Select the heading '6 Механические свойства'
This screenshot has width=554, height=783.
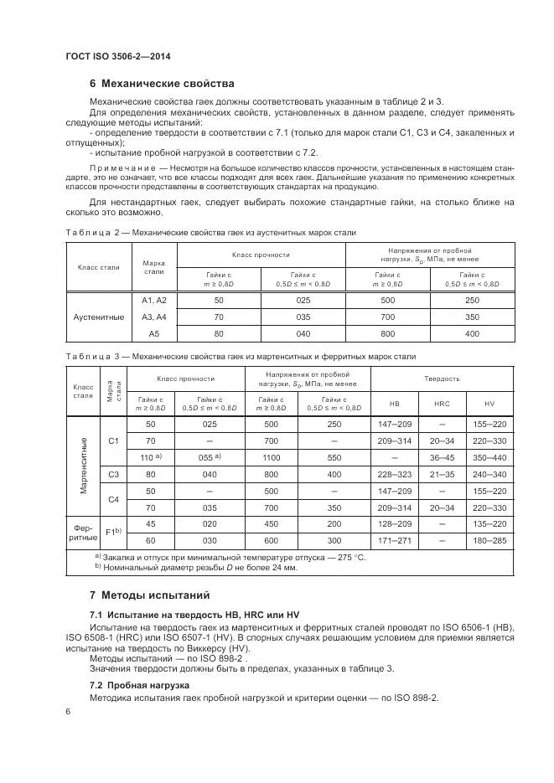162,84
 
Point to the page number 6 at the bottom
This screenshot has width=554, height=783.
67,711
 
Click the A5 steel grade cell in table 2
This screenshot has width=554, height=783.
153,333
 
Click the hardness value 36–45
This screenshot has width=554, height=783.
442,458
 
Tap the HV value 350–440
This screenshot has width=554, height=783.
489,458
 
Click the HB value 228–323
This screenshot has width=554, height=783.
394,474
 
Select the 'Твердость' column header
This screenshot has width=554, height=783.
442,378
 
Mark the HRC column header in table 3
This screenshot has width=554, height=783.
442,403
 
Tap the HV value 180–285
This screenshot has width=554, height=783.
489,539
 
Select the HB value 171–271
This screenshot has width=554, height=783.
394,539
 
